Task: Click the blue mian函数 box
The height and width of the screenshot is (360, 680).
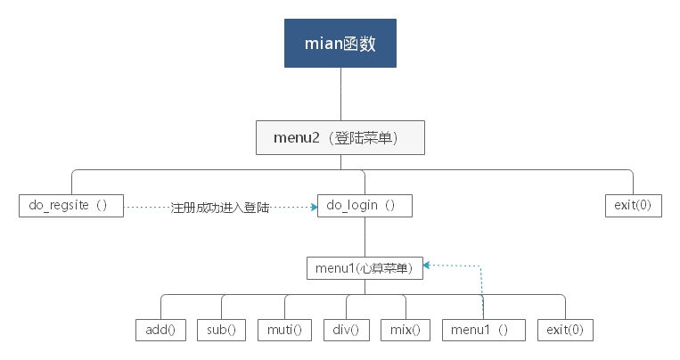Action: click(x=340, y=42)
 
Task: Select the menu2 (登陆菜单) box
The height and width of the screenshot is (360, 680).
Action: click(x=340, y=138)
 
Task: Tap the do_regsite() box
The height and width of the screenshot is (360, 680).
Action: click(x=70, y=205)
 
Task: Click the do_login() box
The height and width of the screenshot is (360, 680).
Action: click(x=365, y=205)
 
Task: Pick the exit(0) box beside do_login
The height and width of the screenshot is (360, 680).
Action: click(x=633, y=205)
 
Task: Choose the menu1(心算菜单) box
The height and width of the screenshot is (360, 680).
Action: click(x=365, y=266)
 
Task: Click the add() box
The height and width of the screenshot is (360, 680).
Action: click(x=160, y=329)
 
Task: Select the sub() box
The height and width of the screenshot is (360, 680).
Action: click(x=221, y=329)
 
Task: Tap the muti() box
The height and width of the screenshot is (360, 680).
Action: click(x=284, y=329)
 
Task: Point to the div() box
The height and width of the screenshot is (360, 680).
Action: click(x=346, y=329)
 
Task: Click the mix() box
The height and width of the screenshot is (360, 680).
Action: click(x=406, y=329)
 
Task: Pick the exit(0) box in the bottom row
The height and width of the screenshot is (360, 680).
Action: click(x=565, y=329)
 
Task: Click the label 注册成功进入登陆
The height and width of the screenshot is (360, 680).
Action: click(x=220, y=207)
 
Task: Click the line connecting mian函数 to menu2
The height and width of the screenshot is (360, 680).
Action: click(x=340, y=94)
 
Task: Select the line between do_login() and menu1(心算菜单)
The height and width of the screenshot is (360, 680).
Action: click(x=365, y=236)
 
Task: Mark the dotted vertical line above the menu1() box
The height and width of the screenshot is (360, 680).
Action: click(x=482, y=290)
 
